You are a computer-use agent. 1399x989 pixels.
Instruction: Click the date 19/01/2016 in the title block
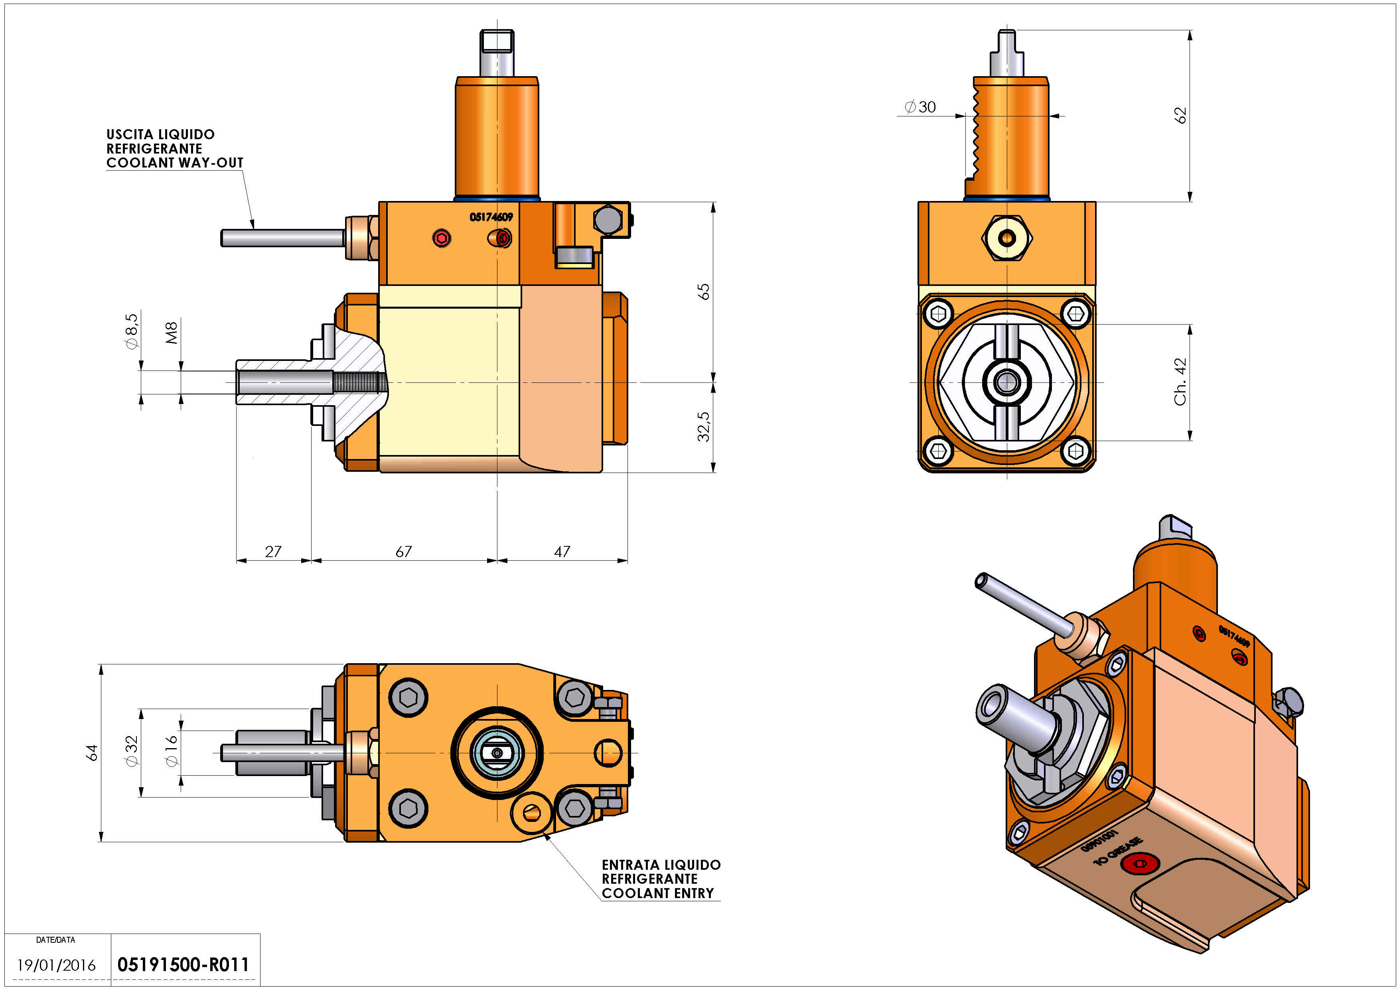56,965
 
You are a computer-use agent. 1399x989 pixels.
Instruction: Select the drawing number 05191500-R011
183,965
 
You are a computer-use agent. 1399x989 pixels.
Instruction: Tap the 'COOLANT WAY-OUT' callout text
175,163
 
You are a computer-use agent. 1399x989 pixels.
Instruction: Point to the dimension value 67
403,552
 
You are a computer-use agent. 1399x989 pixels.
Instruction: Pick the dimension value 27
273,552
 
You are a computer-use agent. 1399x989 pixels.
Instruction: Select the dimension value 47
562,552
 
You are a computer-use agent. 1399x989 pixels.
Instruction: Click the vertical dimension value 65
704,292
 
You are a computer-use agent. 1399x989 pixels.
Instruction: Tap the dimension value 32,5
704,426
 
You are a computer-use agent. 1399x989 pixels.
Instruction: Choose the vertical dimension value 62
1180,115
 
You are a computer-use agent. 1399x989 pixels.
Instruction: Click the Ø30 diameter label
920,107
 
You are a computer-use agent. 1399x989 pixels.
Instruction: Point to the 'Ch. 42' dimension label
1180,382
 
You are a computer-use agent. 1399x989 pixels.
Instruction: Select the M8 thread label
172,333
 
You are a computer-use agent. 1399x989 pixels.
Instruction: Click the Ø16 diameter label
172,751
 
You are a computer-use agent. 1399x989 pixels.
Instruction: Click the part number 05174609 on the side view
491,217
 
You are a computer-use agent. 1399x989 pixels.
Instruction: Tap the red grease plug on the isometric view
1140,863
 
